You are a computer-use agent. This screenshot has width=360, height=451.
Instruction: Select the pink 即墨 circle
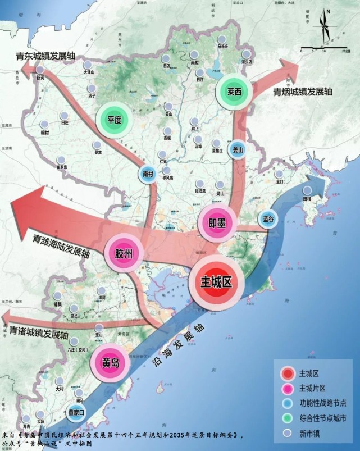pos(217,223)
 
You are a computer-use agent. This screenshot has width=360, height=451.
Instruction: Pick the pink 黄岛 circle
pos(110,362)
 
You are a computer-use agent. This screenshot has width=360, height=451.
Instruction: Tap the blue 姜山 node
pos(238,149)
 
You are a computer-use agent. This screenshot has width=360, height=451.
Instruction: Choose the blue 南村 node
pos(148,174)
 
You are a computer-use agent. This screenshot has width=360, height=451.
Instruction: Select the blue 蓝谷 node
pos(268,219)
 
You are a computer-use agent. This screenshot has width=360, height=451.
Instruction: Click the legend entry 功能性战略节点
pos(322,403)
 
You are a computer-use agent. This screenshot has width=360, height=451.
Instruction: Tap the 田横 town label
pos(307,199)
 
